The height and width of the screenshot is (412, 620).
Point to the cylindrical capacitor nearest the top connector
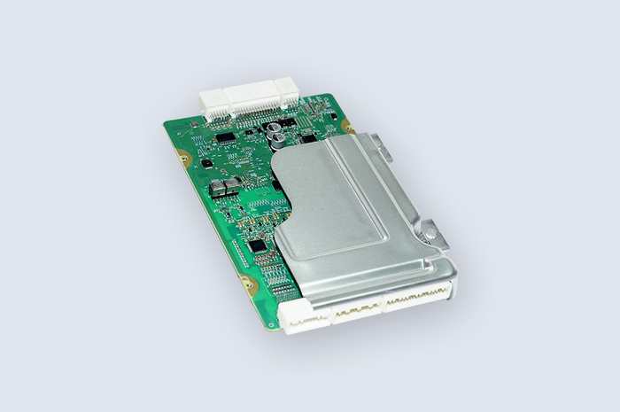pyautogui.click(x=278, y=130)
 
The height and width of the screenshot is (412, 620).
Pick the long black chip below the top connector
pyautogui.click(x=226, y=137)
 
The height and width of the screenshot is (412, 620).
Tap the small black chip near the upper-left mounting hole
pyautogui.click(x=206, y=163)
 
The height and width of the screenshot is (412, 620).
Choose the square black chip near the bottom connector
pyautogui.click(x=257, y=245)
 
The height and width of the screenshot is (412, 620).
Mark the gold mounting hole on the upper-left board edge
pyautogui.click(x=183, y=158)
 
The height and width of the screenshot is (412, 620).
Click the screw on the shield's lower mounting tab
pyautogui.click(x=430, y=233)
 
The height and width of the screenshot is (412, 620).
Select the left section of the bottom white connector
pyautogui.click(x=306, y=319)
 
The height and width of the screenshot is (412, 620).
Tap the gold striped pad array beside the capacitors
pyautogui.click(x=305, y=115)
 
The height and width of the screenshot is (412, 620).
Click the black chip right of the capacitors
pyautogui.click(x=307, y=138)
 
